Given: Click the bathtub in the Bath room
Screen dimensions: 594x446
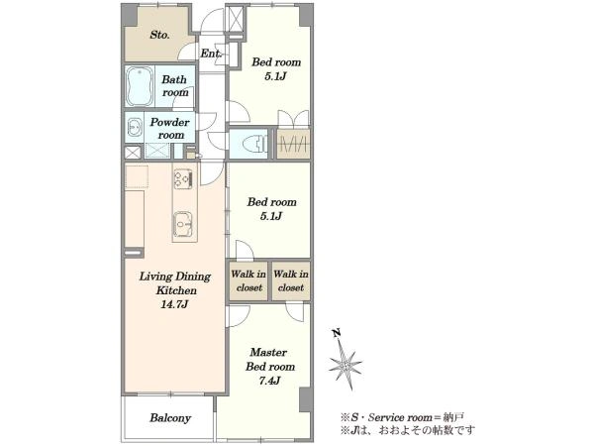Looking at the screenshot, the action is click(140, 86).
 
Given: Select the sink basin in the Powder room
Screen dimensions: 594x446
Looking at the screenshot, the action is click(134, 128).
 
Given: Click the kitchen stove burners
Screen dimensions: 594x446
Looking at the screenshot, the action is click(183, 179).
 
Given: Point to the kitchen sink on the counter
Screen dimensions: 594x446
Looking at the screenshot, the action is click(183, 225).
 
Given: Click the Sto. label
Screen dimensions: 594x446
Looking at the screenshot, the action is click(159, 35).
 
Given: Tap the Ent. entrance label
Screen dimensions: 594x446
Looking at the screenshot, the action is click(211, 54).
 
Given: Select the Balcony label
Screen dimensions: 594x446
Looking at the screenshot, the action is click(170, 418).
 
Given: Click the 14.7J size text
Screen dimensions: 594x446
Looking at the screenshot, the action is click(174, 304).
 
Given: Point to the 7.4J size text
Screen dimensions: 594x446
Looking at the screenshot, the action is click(269, 381).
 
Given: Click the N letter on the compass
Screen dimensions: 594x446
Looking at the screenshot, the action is click(336, 333).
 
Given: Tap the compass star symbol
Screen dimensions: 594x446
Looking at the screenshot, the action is click(346, 365).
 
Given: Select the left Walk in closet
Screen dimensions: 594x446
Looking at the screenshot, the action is click(248, 281).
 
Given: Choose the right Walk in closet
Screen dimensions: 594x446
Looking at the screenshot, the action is click(291, 281).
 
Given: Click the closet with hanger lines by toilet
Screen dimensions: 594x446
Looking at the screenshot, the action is click(293, 144).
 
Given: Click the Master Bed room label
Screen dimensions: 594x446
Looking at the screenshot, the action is click(270, 360).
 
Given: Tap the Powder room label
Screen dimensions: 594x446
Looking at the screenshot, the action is click(170, 129).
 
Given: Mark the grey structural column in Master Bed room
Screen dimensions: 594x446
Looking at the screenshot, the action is click(306, 399).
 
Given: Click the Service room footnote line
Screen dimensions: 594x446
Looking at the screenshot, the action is click(402, 417).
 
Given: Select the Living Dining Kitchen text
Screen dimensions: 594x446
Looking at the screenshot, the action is click(175, 283).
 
